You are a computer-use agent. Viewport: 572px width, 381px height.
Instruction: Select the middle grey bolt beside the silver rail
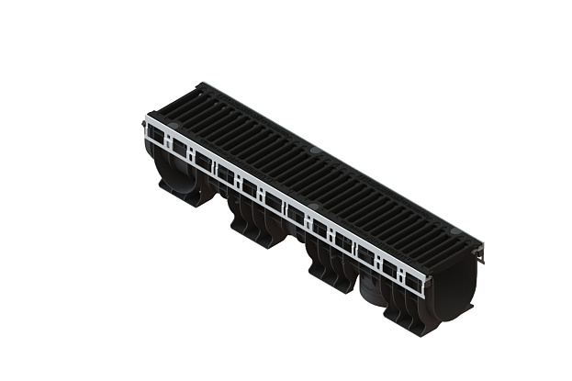312,207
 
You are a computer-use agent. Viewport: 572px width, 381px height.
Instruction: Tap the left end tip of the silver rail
146,121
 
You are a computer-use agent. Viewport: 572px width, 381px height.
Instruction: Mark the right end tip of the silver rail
424,285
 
